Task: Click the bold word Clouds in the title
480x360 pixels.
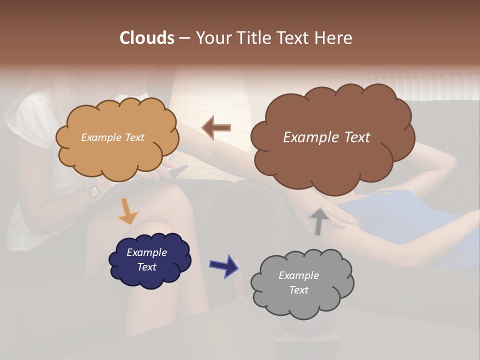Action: (147, 38)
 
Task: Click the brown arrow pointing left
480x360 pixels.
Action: (216, 127)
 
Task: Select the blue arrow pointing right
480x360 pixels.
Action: (223, 265)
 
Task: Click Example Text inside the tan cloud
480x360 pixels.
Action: (112, 137)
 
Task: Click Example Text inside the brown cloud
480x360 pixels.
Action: (326, 137)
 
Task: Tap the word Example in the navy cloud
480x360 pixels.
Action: (146, 252)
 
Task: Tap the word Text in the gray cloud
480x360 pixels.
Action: (298, 290)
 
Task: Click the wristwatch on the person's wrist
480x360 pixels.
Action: (94, 190)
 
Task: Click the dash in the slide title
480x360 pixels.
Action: (184, 38)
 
